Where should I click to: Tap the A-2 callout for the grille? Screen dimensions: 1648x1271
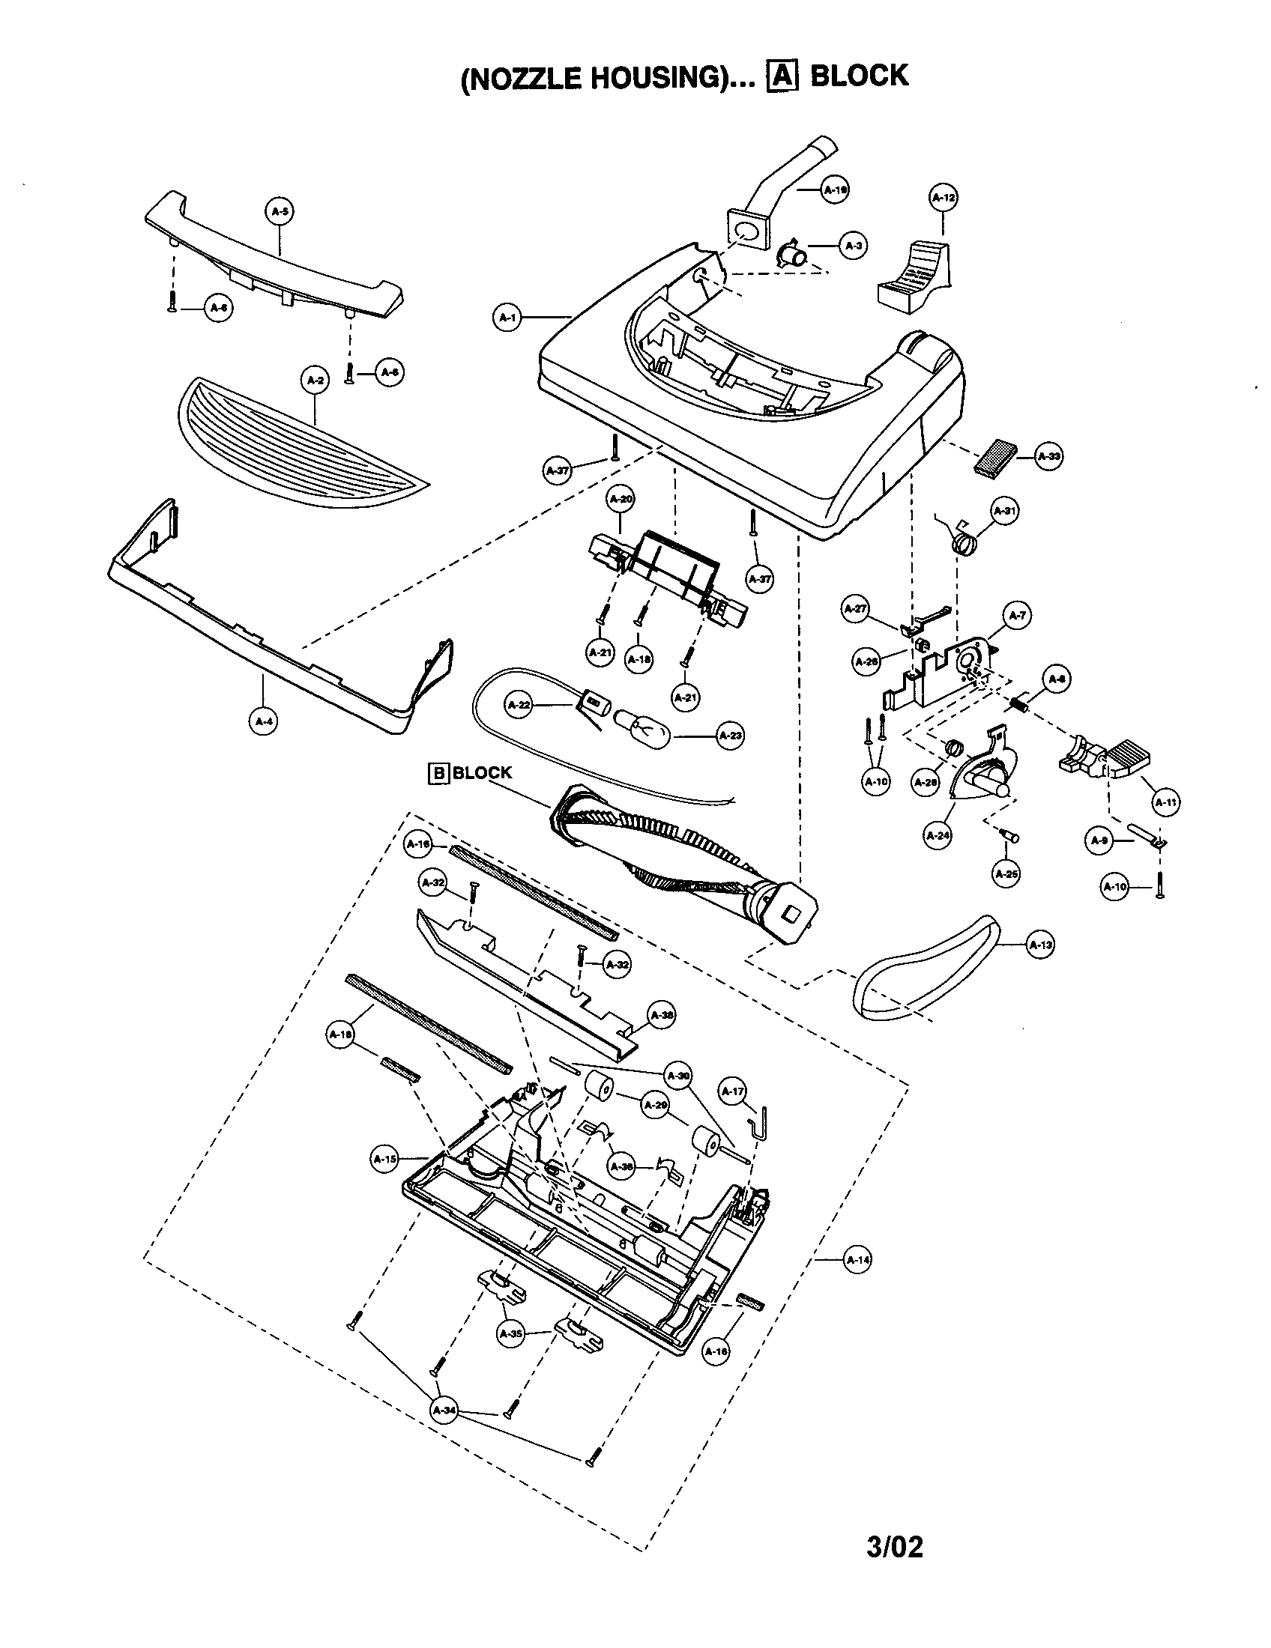[315, 381]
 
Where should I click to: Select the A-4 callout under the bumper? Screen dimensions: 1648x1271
[262, 721]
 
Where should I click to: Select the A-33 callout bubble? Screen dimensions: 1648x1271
[1048, 456]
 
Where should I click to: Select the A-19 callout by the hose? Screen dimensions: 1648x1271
[834, 190]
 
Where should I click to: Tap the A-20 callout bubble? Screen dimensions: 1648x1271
[621, 499]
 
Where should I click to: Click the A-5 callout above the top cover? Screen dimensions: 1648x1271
[280, 211]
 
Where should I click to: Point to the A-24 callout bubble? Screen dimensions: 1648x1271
[937, 834]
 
